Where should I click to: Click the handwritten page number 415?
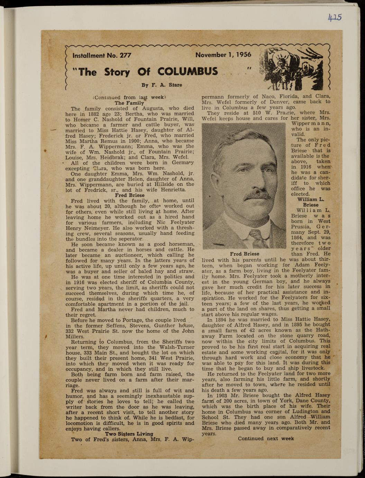tap(335, 17)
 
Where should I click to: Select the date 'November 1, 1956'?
tap(223, 55)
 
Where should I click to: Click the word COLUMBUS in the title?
tap(188, 72)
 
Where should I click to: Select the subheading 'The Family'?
tap(129, 103)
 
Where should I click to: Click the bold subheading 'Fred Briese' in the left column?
tap(129, 195)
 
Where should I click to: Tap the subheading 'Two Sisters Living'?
tap(129, 434)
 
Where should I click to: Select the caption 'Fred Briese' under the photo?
tap(244, 254)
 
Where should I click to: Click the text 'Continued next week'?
tap(266, 439)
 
